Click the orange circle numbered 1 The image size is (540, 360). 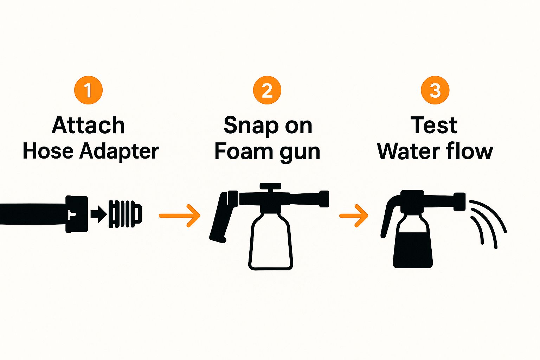(89, 90)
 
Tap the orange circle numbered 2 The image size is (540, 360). (267, 90)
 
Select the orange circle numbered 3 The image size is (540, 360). (435, 90)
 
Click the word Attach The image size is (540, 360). (89, 125)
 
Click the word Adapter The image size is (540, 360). (119, 152)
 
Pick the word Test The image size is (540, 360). (434, 125)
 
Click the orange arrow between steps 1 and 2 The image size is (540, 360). (180, 216)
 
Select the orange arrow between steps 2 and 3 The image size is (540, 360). (354, 216)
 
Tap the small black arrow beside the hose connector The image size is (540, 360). (98, 214)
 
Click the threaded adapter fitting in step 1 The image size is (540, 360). (125, 214)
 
